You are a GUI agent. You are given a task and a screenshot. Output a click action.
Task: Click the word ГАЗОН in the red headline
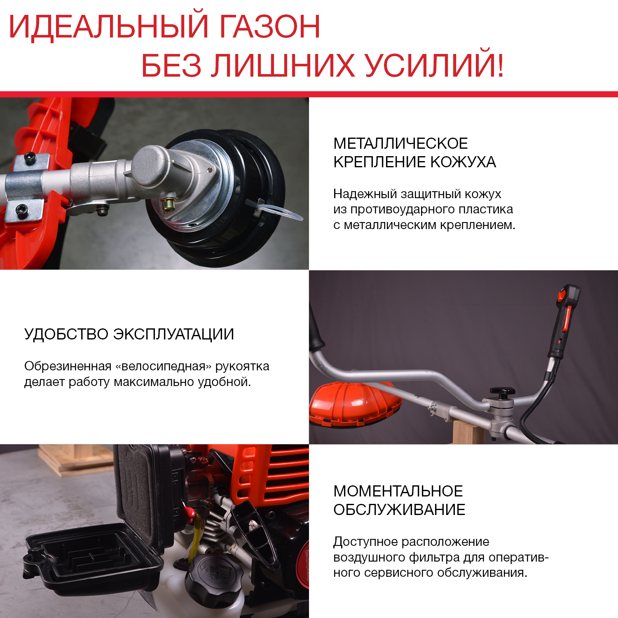click(269, 27)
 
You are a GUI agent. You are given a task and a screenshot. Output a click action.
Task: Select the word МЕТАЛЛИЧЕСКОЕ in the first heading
click(400, 143)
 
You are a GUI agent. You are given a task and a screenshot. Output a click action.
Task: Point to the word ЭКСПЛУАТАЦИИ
click(174, 334)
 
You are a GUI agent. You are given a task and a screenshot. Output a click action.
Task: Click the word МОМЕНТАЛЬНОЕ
click(398, 491)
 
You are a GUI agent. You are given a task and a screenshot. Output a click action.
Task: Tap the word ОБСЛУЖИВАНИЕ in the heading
click(399, 510)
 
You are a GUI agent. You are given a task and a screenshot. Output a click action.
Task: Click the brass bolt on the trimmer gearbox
click(168, 204)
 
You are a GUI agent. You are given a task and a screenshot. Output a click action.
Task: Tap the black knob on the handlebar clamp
click(502, 392)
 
